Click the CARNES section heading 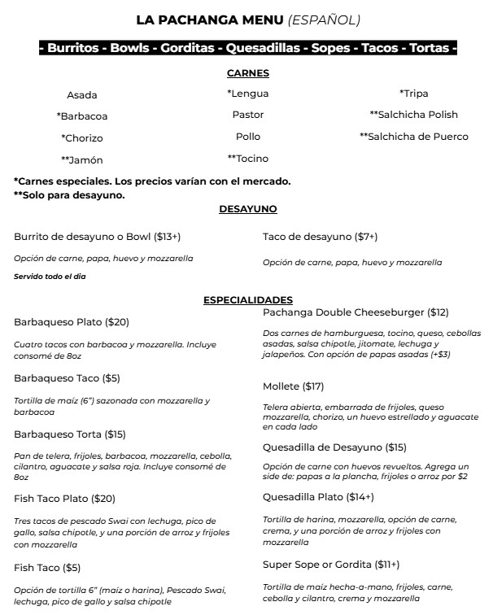(248, 73)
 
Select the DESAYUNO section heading (248, 209)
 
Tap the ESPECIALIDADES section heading (248, 300)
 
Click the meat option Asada (82, 95)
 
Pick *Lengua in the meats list (248, 94)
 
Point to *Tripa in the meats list (413, 94)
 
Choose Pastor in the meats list (248, 115)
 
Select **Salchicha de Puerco (413, 137)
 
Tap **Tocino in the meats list (248, 159)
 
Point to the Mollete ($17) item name (293, 386)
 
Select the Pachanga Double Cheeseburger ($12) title (356, 312)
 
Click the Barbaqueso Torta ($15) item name (70, 434)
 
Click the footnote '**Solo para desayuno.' (70, 195)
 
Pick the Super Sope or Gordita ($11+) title (331, 564)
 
